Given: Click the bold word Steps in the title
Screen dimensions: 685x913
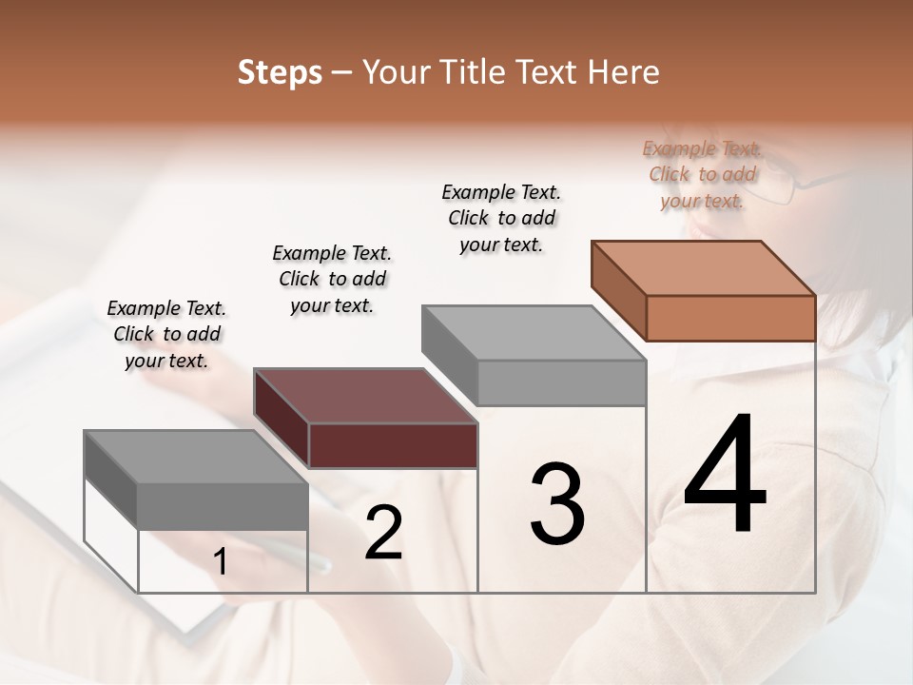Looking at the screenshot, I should click(x=280, y=72).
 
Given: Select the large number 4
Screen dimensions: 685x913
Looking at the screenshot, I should click(x=725, y=476).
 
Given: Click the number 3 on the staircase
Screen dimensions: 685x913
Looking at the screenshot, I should click(x=556, y=503).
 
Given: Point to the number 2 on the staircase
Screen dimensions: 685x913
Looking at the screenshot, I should click(x=383, y=533).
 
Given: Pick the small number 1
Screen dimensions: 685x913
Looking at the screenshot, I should click(x=221, y=562).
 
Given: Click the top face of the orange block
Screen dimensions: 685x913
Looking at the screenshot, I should click(x=703, y=267).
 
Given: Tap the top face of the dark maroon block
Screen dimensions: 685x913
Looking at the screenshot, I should click(x=365, y=396).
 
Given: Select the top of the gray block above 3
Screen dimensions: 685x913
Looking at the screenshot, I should click(x=534, y=333).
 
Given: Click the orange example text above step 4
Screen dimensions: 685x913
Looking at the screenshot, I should click(x=702, y=174).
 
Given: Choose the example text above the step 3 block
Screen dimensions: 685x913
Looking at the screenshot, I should click(x=501, y=218).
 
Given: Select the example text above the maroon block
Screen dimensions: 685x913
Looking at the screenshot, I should click(x=332, y=279).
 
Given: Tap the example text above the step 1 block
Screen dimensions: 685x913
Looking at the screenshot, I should click(x=166, y=334).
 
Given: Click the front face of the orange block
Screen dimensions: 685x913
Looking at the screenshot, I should click(x=730, y=318).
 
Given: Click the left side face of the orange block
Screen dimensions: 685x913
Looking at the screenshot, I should click(x=618, y=290).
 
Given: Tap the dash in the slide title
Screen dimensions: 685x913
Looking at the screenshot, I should click(x=342, y=73).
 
